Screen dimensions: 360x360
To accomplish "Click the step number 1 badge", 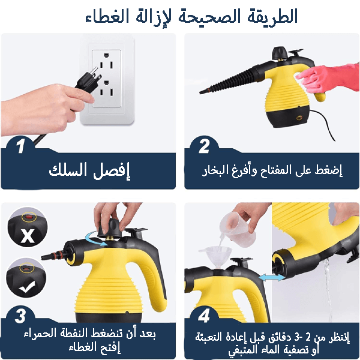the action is [x=21, y=146].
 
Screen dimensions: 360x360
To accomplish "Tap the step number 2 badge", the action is [x=204, y=146].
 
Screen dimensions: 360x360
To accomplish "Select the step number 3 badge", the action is [x=21, y=316].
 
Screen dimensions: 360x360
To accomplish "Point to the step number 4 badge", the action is [x=204, y=316].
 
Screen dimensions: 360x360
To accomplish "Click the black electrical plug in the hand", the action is [x=89, y=80].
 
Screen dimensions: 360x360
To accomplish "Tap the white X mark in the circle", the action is [x=28, y=236].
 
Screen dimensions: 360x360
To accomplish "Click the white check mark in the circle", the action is [x=27, y=287].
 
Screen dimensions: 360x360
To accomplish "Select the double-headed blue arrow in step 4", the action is [x=272, y=277].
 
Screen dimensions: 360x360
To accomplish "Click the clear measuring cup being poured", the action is [x=238, y=230].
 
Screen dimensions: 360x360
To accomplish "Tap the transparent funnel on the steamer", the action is [x=215, y=257].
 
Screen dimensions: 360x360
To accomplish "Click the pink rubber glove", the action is [x=330, y=78].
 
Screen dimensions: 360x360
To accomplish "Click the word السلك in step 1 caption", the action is [x=68, y=170].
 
